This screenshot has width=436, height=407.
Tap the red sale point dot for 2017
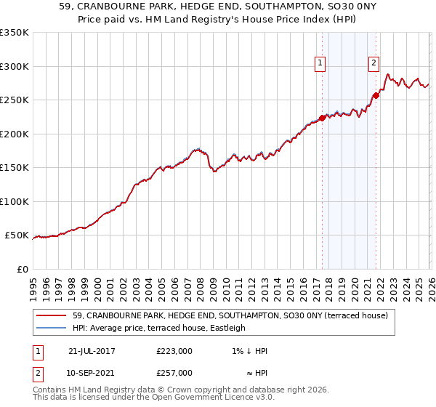pyautogui.click(x=322, y=118)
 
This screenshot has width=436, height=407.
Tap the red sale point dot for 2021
pyautogui.click(x=376, y=95)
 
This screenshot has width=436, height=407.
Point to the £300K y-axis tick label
pyautogui.click(x=14, y=66)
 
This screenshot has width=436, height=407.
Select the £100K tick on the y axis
pyautogui.click(x=14, y=201)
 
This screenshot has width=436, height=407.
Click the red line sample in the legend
pyautogui.click(x=52, y=315)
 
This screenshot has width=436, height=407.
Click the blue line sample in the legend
pyautogui.click(x=52, y=328)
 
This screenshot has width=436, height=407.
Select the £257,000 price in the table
pyautogui.click(x=174, y=373)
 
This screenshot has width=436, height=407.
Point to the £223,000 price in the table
pyautogui.click(x=174, y=351)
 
